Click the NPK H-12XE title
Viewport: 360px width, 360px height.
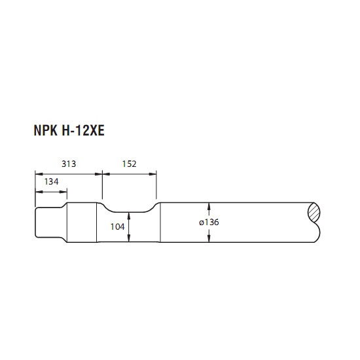(x=69, y=130)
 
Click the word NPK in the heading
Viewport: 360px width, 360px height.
(x=45, y=130)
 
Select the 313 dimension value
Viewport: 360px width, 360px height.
(x=69, y=164)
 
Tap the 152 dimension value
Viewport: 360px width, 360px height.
(x=129, y=164)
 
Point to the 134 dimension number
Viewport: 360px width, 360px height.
(x=52, y=181)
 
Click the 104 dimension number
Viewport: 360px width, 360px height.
(x=117, y=227)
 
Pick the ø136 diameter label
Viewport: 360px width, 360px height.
(x=209, y=223)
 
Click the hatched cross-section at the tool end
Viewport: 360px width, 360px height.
(x=314, y=212)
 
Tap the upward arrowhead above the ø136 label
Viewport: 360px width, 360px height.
(x=209, y=206)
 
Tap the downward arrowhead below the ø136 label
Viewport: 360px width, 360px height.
(x=209, y=239)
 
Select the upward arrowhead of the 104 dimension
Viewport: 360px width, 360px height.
(x=129, y=215)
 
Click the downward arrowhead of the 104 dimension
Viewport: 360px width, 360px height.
(x=129, y=238)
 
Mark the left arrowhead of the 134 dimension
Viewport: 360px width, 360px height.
(x=39, y=192)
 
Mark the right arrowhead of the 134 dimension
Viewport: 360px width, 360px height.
(x=63, y=192)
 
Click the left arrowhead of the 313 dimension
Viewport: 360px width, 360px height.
(x=39, y=174)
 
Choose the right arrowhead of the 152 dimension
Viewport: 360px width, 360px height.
(x=153, y=174)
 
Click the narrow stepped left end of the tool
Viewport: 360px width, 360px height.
(x=48, y=223)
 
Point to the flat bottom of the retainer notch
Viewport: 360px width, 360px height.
(x=129, y=212)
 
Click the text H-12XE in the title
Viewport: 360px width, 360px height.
(x=83, y=130)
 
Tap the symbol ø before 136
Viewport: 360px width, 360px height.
(x=202, y=223)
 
